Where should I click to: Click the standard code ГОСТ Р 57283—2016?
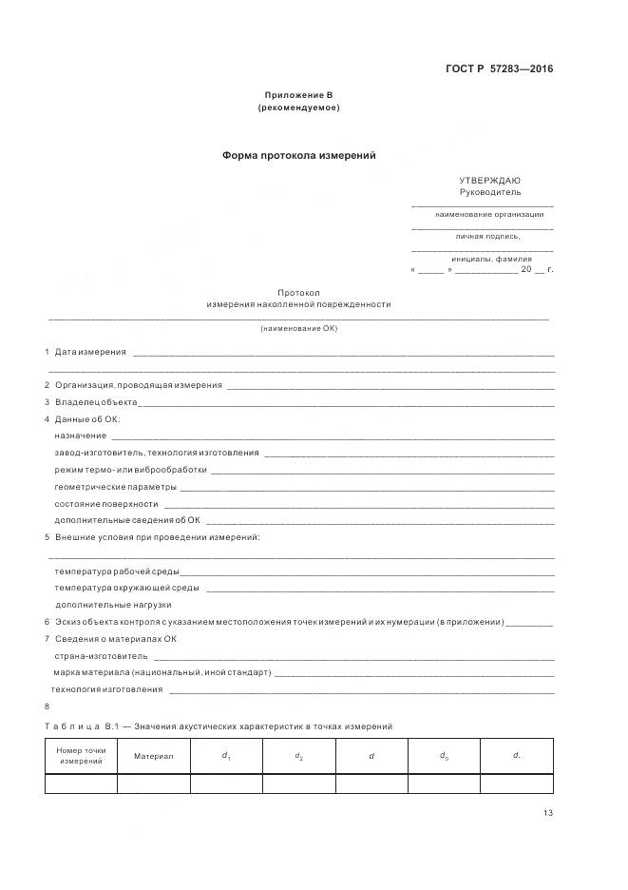click(x=499, y=68)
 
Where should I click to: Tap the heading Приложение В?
click(x=298, y=95)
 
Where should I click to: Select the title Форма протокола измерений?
click(x=298, y=155)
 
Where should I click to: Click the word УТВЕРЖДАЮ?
click(x=489, y=180)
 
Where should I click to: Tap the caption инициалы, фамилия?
click(x=491, y=259)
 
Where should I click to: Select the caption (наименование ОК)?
click(x=298, y=328)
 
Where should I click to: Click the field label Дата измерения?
click(x=90, y=352)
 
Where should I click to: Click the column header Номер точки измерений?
click(x=81, y=757)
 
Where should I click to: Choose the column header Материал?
click(x=154, y=757)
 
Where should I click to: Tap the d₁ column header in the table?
click(x=226, y=757)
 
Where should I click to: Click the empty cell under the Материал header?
click(x=154, y=784)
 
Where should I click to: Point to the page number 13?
click(x=548, y=812)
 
